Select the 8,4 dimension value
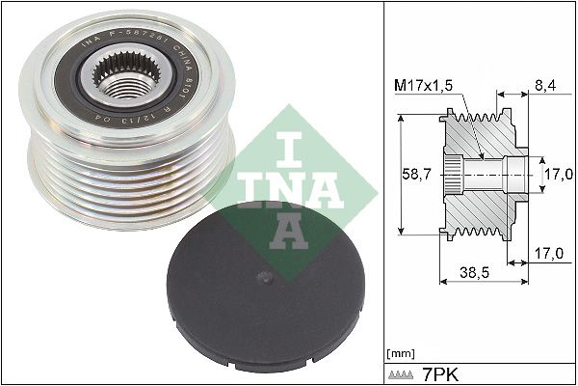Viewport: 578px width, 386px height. [545, 86]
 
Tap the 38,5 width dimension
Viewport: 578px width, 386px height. [474, 274]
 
